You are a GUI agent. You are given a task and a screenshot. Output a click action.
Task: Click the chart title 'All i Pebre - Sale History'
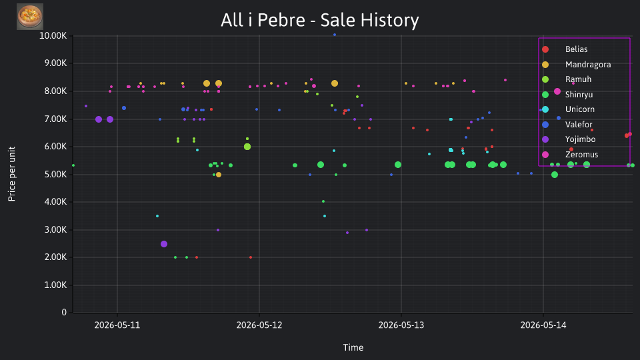point(319,20)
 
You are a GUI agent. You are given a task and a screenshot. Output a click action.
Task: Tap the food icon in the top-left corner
point(30,17)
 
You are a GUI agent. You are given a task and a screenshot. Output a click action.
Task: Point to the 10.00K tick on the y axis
point(53,36)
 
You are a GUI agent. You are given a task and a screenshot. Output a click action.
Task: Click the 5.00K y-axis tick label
point(55,174)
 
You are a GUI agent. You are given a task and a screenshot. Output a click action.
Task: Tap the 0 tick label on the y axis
point(64,312)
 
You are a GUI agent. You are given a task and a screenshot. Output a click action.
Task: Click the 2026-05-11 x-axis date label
point(117,325)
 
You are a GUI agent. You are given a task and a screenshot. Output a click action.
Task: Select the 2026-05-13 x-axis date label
point(401,325)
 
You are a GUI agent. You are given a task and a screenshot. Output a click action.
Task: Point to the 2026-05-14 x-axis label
point(543,325)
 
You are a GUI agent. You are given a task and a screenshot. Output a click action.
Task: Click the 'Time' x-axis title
point(353,347)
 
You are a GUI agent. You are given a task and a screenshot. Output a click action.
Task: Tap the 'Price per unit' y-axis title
point(12,174)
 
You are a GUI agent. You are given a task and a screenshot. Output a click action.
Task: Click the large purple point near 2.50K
point(164,244)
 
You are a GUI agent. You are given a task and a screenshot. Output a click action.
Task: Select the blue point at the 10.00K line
point(335,35)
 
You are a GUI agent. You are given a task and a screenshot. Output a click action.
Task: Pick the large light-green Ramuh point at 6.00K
point(247,147)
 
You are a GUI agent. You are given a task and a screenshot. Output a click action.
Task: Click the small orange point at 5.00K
point(219,175)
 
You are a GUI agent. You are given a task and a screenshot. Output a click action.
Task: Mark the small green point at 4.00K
point(323,201)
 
